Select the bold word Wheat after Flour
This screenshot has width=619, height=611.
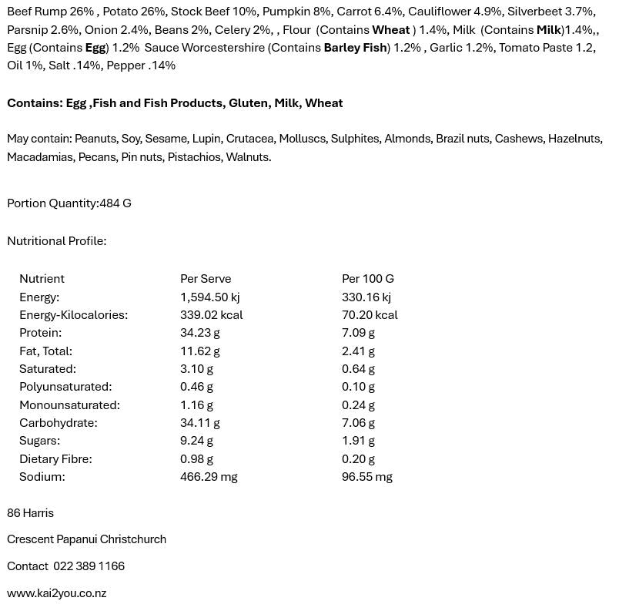tap(390, 30)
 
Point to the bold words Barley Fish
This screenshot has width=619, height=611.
tap(355, 48)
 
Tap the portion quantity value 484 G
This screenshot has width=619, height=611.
tap(115, 203)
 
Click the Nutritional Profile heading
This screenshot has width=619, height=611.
tap(56, 241)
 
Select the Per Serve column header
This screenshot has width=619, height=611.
tap(206, 279)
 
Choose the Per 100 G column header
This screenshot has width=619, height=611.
tap(367, 279)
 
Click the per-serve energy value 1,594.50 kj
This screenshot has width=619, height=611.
tap(209, 297)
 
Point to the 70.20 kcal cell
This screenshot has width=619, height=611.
tap(370, 315)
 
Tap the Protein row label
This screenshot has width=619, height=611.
tap(40, 333)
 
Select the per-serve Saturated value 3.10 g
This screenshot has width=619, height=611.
tap(197, 369)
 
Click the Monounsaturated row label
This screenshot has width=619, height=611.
tap(69, 405)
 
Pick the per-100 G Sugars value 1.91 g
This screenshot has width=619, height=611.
tap(358, 441)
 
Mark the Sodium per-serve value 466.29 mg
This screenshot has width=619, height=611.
tap(209, 477)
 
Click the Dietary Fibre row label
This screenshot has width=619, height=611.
tap(55, 459)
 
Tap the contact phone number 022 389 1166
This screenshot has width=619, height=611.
tap(89, 566)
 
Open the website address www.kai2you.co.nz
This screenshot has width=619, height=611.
tap(56, 593)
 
